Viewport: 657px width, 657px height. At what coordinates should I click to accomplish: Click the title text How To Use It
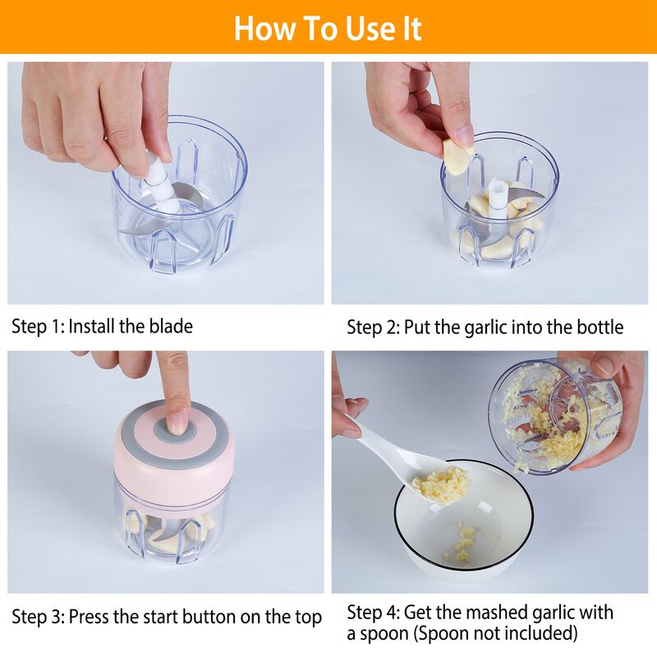(328, 28)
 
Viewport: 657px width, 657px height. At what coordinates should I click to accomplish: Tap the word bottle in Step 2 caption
(597, 327)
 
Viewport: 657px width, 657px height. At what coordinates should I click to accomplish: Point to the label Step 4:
(373, 613)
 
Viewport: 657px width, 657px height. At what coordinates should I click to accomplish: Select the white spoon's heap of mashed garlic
(440, 483)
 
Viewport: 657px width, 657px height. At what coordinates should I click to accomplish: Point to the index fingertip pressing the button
(177, 421)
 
